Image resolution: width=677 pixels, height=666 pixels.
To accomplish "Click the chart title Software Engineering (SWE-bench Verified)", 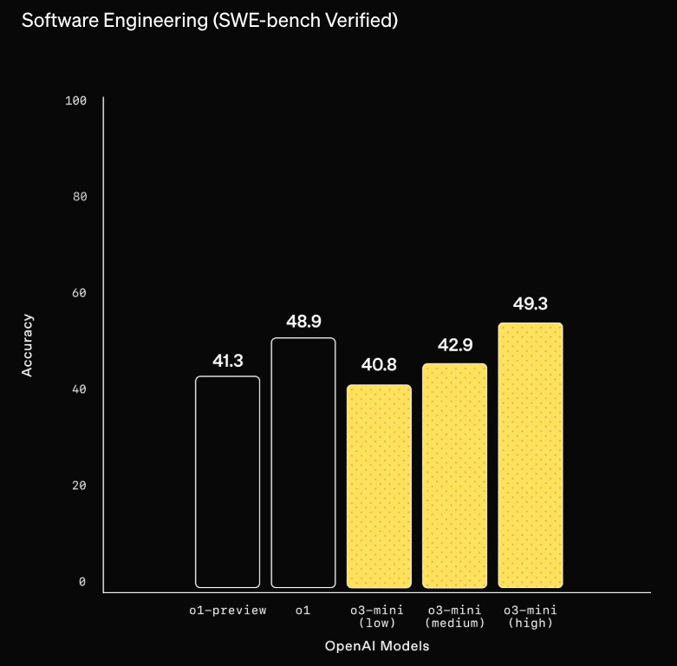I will [x=209, y=21].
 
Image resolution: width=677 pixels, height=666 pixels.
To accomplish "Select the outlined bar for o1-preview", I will [x=227, y=481].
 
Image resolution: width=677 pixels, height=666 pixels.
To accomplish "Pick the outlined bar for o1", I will [x=303, y=462].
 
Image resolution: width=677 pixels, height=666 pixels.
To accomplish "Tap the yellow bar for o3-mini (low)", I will [x=379, y=486].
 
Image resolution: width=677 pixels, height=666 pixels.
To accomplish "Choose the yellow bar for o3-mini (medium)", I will [x=454, y=475].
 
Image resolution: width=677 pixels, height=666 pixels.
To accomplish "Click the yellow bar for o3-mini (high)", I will [x=531, y=455].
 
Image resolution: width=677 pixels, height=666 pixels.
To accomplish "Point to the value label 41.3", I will [x=227, y=361].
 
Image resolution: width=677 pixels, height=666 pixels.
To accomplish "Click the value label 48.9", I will [x=303, y=322].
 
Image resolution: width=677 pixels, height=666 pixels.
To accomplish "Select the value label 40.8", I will [x=379, y=365].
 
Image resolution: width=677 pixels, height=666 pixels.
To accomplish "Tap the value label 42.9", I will [x=454, y=345].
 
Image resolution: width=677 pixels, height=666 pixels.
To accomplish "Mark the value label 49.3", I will [x=530, y=304].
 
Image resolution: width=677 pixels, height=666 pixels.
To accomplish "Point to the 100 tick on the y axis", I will [x=76, y=101].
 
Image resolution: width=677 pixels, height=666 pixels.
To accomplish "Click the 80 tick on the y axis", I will [x=79, y=197].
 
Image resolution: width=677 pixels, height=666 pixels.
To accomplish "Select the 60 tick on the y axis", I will [x=79, y=293].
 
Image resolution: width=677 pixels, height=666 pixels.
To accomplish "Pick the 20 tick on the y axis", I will [x=79, y=486].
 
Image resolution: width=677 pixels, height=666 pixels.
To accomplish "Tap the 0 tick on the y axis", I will [x=82, y=582].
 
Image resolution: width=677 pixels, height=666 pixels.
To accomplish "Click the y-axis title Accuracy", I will [x=27, y=344].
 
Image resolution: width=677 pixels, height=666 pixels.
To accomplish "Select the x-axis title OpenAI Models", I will [x=377, y=646].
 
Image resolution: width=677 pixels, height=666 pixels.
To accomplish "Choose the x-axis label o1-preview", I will [x=228, y=610].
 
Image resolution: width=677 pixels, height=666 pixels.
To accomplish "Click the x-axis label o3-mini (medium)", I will [x=455, y=617].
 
